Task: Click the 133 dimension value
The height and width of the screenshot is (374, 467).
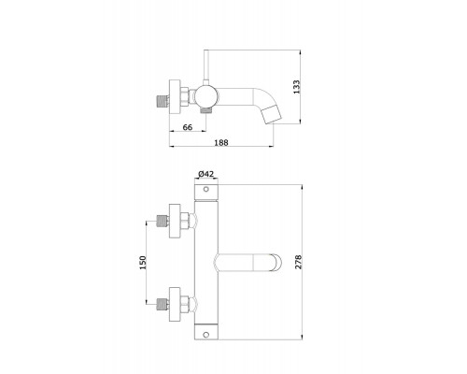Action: (296, 87)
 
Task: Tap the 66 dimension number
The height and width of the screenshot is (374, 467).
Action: (188, 127)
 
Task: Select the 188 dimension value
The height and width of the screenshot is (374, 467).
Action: (221, 142)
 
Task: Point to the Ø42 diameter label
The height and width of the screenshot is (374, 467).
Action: (206, 174)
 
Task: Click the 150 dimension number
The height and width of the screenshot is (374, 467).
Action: (143, 263)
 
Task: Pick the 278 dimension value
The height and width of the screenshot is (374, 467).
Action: (298, 262)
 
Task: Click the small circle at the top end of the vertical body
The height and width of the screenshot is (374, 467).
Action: (205, 189)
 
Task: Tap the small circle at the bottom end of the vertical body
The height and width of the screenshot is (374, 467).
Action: (205, 335)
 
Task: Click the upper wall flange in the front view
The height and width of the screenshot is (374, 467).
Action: (175, 221)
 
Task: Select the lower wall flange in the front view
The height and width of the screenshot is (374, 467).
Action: (175, 304)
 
